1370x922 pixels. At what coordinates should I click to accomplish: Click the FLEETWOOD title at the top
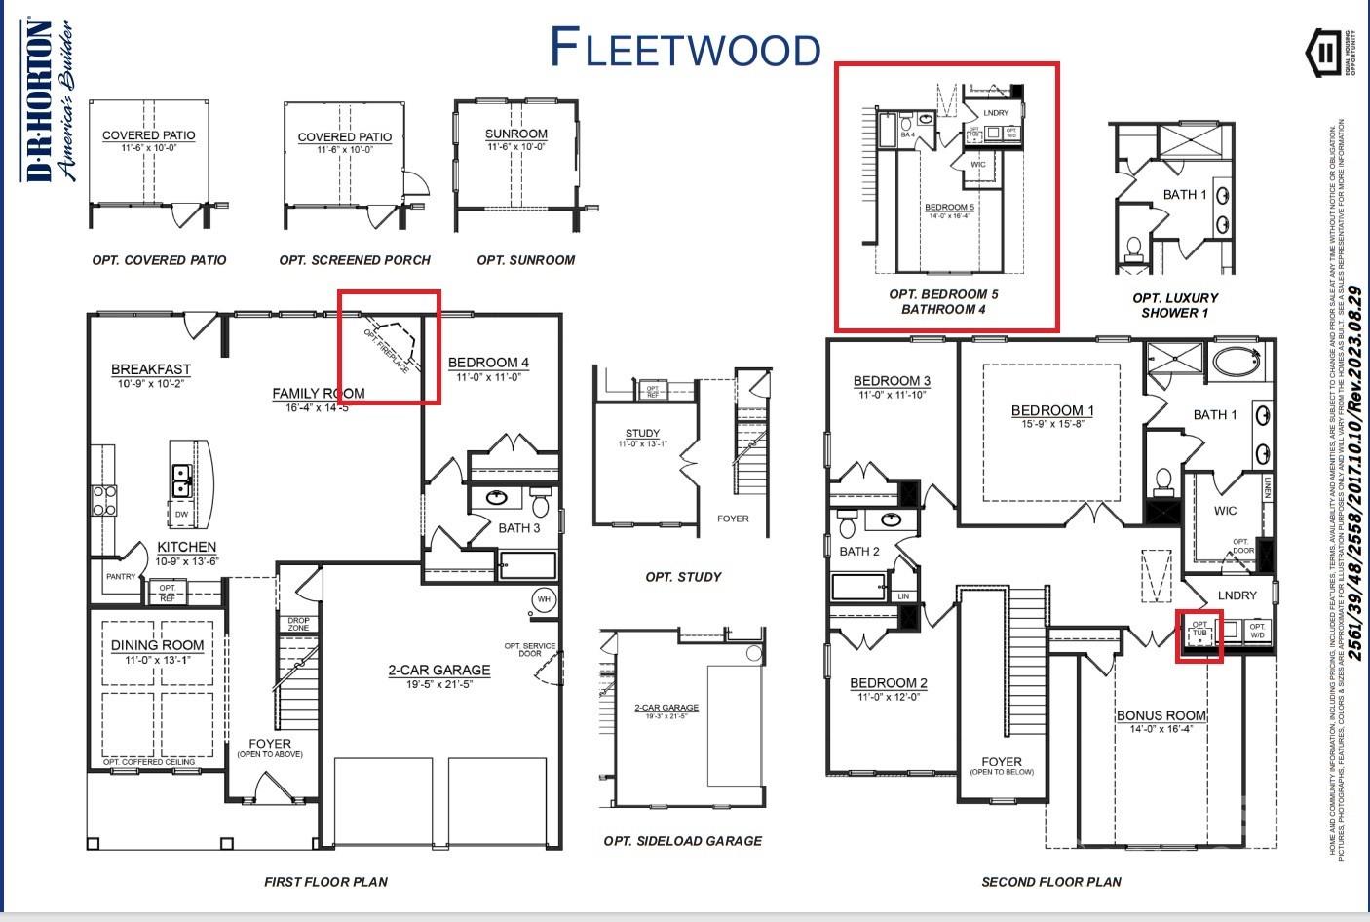point(685,47)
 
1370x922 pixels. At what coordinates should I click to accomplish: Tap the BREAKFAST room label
point(151,369)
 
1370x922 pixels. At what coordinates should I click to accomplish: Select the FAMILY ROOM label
point(318,394)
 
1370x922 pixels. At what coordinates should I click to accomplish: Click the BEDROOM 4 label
point(488,363)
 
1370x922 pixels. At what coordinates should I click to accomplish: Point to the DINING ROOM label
point(157,645)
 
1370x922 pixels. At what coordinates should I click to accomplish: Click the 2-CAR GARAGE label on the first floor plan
point(438,671)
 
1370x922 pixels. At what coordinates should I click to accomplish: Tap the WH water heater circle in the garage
point(544,597)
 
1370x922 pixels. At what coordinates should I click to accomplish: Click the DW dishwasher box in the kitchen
point(182,514)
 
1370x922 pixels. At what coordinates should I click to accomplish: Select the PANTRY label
point(121,577)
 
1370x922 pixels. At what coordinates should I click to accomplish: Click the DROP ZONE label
point(298,624)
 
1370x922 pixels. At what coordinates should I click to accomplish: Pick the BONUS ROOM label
point(1161,715)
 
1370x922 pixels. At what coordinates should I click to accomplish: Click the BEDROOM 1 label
point(1052,410)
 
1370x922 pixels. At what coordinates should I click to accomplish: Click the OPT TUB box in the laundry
point(1199,630)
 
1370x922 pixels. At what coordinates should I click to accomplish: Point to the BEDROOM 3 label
point(892,381)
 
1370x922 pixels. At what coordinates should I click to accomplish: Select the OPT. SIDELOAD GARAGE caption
point(682,841)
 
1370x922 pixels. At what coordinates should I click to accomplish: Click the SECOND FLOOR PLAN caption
point(1050,882)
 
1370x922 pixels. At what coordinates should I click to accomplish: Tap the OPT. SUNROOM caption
point(525,260)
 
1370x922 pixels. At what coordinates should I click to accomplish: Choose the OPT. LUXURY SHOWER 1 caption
point(1175,305)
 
